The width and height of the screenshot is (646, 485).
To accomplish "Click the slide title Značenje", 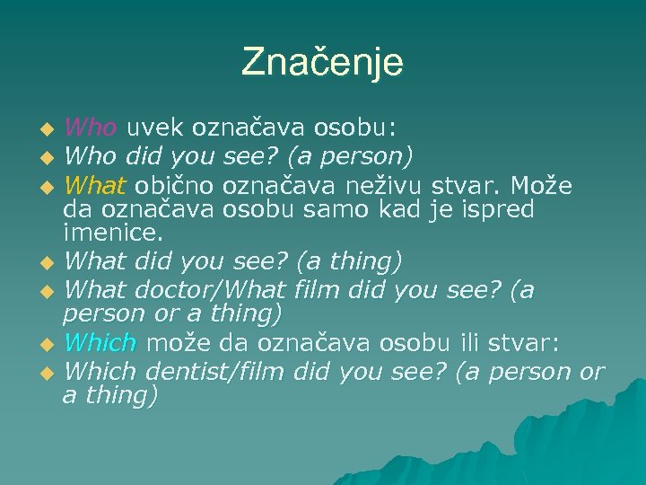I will (323, 62).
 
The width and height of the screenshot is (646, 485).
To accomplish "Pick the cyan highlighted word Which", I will (100, 342).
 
